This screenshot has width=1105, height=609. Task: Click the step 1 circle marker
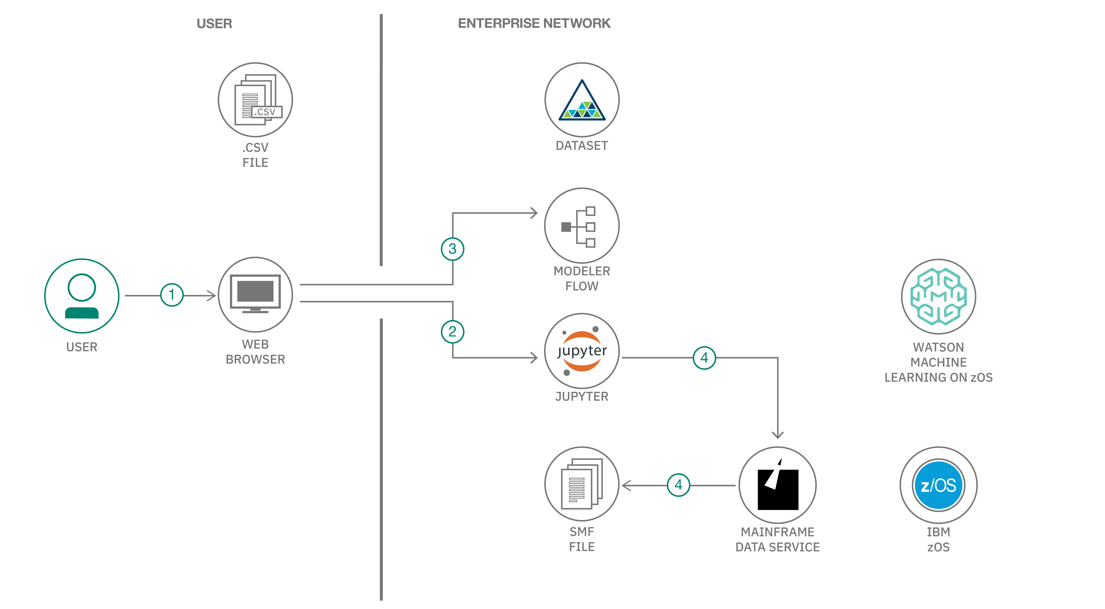click(172, 295)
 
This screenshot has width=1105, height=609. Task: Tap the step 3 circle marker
click(452, 249)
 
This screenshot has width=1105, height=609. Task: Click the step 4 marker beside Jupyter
click(704, 357)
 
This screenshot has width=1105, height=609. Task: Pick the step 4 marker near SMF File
click(678, 485)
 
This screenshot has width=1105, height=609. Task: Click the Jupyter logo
click(582, 351)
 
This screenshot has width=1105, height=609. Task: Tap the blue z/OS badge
click(938, 485)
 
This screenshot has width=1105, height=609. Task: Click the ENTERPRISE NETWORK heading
click(534, 23)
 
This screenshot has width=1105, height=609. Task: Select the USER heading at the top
click(214, 24)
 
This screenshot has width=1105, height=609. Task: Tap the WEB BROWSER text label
click(255, 352)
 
